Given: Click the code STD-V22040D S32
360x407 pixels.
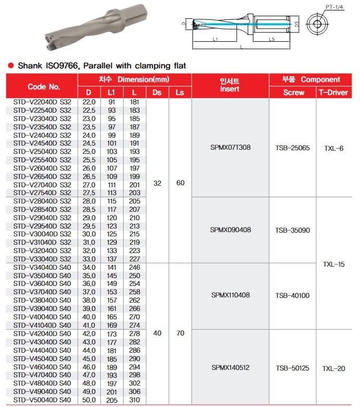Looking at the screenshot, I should (42, 102).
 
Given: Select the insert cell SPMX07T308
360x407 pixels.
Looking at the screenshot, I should (230, 147).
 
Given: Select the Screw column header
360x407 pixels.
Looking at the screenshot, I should (293, 92).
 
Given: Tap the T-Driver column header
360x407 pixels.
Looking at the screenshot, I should (334, 92).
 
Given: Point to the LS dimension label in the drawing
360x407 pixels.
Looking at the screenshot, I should (272, 40).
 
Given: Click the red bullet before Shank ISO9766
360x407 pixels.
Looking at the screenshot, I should (10, 66).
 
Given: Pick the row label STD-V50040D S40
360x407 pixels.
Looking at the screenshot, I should (42, 399).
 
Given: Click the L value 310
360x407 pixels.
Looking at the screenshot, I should (135, 399).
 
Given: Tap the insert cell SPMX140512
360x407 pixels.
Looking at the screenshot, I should (230, 367).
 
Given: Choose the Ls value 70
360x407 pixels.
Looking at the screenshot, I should (180, 332).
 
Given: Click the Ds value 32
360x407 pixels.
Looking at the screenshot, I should (157, 183).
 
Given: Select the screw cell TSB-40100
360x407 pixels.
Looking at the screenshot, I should (292, 295).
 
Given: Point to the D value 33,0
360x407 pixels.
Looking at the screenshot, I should (89, 259).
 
